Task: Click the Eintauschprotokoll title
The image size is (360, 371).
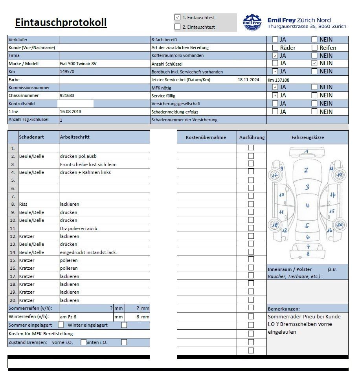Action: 61,22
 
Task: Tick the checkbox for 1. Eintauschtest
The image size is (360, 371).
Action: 177,17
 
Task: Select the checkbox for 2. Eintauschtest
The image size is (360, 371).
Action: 177,27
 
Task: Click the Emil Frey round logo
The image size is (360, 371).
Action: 252,22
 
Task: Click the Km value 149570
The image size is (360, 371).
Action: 67,71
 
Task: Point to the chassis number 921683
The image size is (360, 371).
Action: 67,95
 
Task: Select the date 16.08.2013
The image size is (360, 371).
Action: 70,111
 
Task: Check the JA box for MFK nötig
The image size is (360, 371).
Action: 275,87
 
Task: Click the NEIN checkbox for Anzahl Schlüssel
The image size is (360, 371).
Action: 314,63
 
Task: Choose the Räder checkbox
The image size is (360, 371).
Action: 275,48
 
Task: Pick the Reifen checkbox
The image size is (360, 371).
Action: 314,48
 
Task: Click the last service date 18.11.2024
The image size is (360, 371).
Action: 248,80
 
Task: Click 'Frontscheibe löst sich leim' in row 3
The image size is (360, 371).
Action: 88,164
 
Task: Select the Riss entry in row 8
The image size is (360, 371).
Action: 23,204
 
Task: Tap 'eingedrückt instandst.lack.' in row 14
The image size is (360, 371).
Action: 88,252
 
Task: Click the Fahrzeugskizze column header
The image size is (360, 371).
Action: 307,137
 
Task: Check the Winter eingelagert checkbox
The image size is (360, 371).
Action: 124,325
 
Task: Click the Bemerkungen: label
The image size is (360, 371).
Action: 284,309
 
